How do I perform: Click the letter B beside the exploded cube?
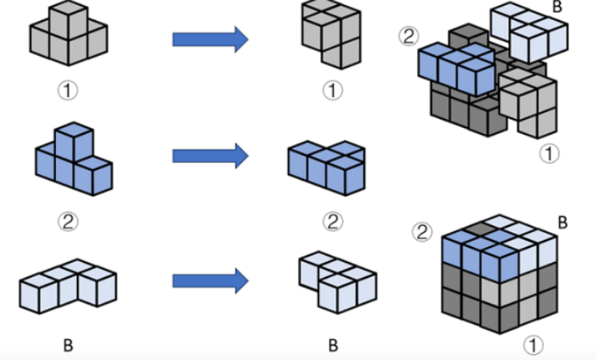tap(556, 7)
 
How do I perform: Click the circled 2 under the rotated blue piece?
tap(332, 222)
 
